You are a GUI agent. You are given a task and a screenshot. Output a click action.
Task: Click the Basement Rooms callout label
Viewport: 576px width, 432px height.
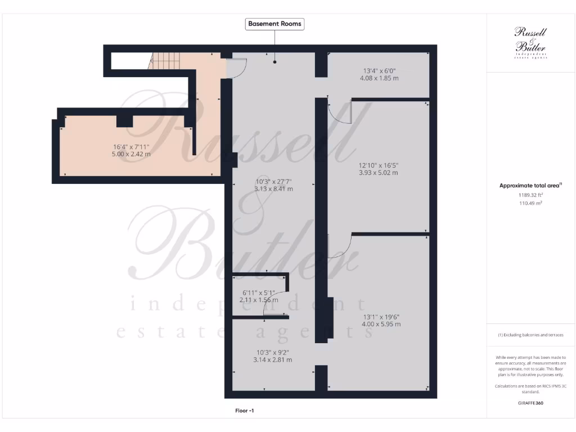[275, 24]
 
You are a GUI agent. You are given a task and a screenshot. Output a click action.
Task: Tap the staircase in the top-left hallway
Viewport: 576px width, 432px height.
[165, 61]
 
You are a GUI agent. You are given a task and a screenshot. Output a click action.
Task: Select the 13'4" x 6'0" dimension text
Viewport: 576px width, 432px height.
[379, 71]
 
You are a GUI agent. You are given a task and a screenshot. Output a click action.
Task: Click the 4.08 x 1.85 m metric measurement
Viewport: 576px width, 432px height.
[379, 78]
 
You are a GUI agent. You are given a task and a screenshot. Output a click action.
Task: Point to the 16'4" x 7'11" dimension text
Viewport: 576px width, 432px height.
[132, 147]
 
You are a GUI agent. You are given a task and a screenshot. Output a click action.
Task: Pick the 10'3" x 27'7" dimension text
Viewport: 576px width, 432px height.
[274, 182]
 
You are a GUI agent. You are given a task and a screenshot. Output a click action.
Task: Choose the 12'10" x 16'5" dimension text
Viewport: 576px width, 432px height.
[378, 165]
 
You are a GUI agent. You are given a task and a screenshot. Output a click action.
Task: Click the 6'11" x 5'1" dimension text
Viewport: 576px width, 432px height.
[259, 293]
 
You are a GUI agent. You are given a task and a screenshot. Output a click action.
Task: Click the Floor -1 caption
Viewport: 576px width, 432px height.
[245, 411]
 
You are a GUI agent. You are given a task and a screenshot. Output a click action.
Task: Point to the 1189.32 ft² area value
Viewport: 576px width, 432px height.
[530, 195]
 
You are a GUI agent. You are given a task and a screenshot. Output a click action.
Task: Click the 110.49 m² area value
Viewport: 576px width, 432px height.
[530, 203]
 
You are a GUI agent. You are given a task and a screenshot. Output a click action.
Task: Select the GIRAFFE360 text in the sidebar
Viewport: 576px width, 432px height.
[530, 403]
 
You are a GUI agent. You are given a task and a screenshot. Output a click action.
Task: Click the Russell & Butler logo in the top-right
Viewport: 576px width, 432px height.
[530, 43]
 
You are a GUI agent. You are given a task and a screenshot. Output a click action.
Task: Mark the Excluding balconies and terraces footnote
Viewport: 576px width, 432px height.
[530, 335]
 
